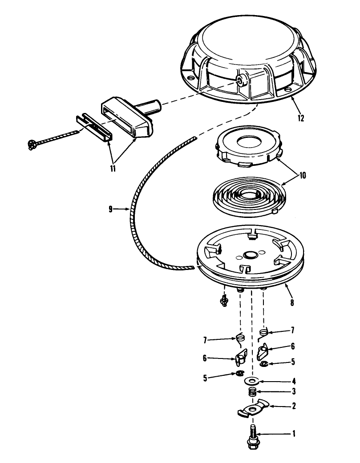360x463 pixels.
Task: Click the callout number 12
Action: (x=301, y=118)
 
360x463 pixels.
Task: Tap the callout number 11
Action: (x=113, y=169)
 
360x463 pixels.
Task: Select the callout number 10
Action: (x=303, y=175)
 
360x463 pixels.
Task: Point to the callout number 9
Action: (x=110, y=209)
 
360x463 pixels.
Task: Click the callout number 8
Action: (x=292, y=303)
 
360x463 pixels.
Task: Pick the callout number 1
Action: (x=294, y=434)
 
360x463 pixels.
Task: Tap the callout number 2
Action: (x=294, y=406)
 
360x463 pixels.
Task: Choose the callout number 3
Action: (x=294, y=391)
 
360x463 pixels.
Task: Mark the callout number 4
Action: (x=294, y=381)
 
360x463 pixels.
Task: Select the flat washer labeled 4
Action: (x=251, y=381)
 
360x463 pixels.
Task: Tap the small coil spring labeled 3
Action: (x=252, y=392)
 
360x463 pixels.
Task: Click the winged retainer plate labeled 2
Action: (x=253, y=408)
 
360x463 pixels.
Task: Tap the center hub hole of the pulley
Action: (x=250, y=254)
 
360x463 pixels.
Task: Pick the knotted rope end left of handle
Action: (x=32, y=145)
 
